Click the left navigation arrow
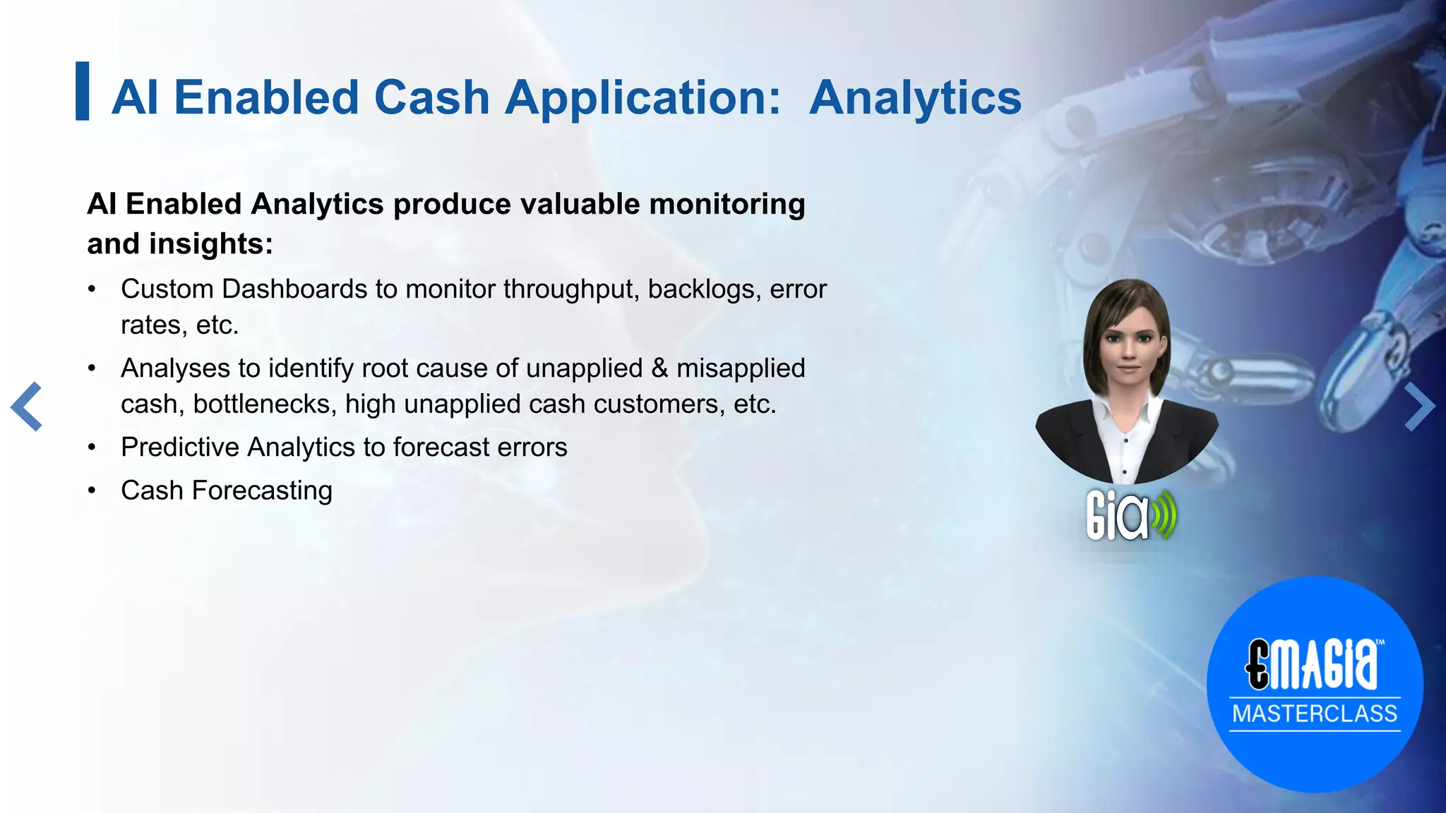click(27, 406)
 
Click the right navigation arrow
click(1419, 406)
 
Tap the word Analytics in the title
click(915, 97)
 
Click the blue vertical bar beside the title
click(83, 91)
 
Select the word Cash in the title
click(431, 97)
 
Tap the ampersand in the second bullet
click(659, 368)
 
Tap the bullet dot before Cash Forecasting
click(92, 491)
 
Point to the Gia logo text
click(1118, 517)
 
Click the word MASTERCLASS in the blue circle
click(1315, 713)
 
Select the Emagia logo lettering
click(1312, 664)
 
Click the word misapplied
click(741, 368)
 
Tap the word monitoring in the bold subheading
click(727, 205)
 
